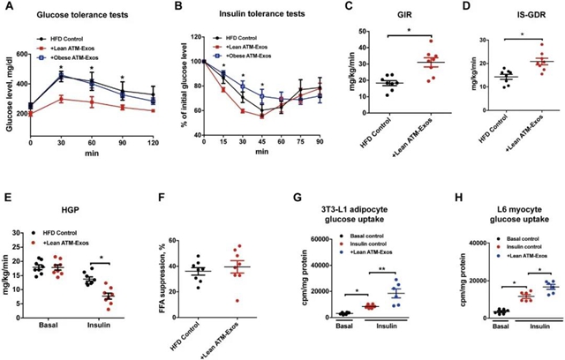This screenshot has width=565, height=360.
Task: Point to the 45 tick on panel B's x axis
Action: click(263, 144)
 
